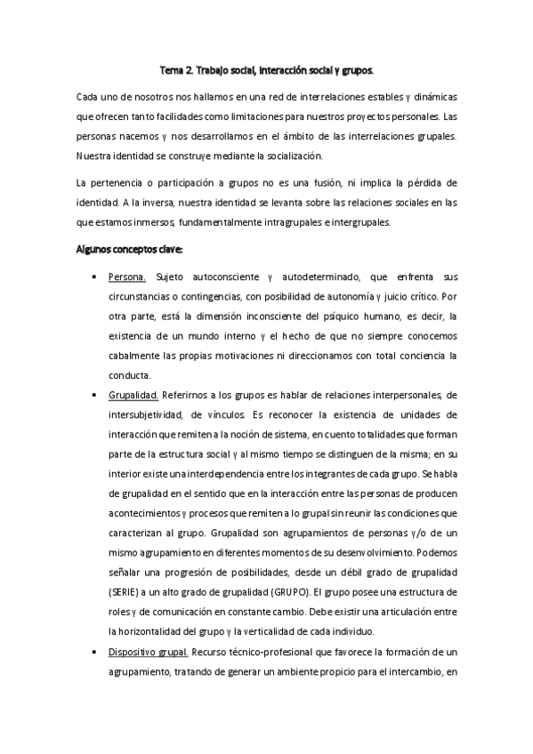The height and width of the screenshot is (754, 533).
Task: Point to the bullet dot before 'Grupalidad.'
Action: tap(96, 395)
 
